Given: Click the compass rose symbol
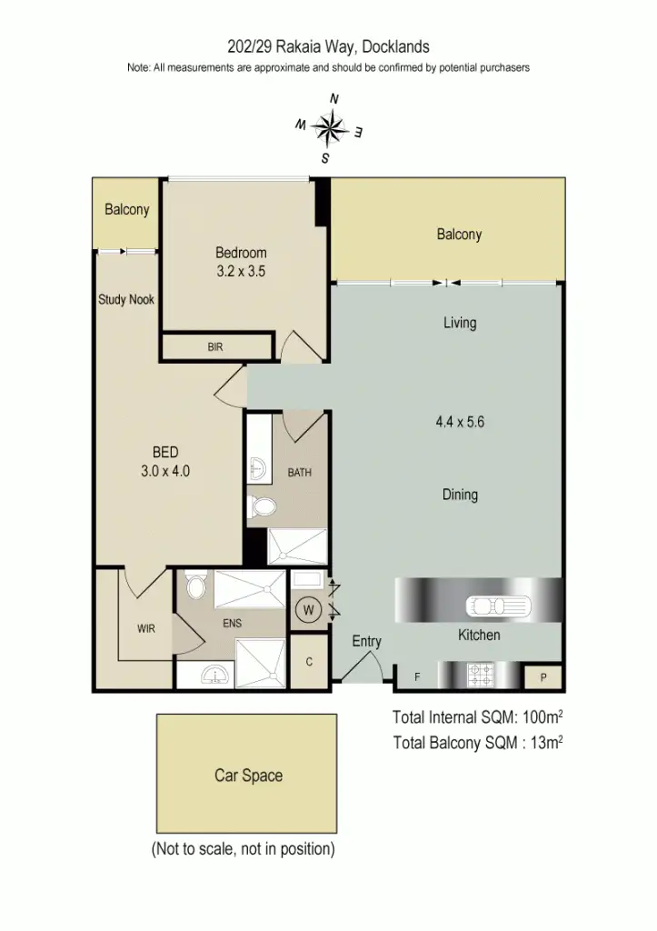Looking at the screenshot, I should [333, 128].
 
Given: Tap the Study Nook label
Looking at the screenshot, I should [126, 299].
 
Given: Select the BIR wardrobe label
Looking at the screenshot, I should [215, 347].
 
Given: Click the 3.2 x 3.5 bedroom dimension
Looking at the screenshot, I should [241, 270].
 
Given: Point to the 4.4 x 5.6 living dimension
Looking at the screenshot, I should [460, 422].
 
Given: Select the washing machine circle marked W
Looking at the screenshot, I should [308, 610].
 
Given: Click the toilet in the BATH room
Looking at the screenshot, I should [263, 508].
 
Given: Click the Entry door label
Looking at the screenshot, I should [367, 641].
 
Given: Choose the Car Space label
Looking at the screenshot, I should [248, 776].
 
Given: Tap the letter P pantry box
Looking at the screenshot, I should [543, 677].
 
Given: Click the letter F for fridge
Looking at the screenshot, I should [418, 677].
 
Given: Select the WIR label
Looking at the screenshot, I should [146, 628].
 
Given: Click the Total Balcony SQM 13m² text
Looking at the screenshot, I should [478, 743].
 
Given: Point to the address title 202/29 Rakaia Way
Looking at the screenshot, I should [328, 46].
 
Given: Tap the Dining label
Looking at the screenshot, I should [460, 495].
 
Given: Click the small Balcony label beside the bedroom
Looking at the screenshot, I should [126, 210].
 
